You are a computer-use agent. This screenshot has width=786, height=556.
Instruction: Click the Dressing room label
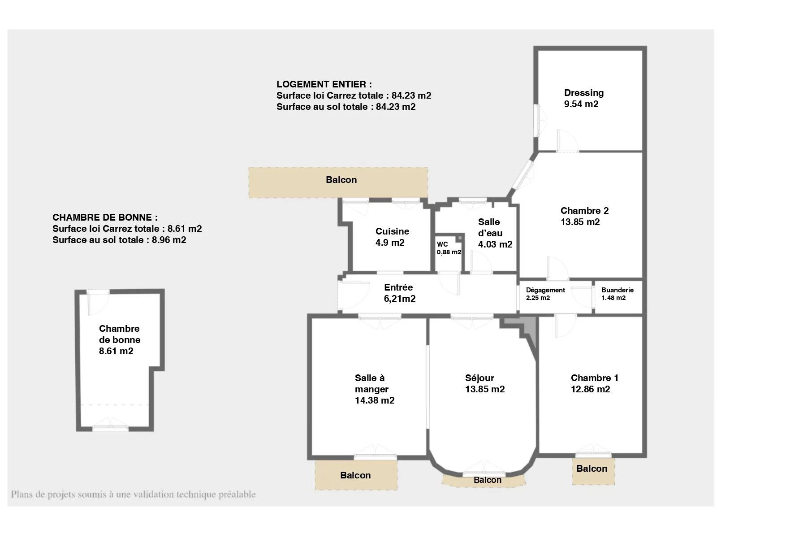coord(583,93)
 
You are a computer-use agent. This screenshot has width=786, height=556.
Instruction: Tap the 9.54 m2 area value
coord(581,104)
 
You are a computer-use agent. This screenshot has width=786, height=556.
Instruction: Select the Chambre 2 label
coord(584,211)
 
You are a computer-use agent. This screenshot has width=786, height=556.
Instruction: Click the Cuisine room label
coord(392,231)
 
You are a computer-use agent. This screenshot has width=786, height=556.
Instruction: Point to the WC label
coord(442,244)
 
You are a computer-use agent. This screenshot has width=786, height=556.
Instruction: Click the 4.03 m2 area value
coord(495,244)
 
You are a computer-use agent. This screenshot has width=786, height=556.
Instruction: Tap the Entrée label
coord(398,287)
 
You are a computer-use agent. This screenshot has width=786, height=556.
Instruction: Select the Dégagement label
coord(545,290)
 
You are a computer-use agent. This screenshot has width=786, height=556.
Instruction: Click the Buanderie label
coord(617,290)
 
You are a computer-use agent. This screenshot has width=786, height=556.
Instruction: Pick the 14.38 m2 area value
coord(375,400)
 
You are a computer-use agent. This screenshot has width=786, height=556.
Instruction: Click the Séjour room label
coord(479,378)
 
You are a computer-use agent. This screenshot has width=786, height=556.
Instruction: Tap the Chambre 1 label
coord(594,378)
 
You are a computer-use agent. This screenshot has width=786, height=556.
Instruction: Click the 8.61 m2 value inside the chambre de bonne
coord(116,351)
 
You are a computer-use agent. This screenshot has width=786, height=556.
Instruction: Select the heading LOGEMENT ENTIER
coord(324,84)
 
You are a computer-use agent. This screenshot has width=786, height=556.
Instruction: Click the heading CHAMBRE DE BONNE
coord(105,217)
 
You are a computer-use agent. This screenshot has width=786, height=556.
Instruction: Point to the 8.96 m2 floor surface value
coord(169,240)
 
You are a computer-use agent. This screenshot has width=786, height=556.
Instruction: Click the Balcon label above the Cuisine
coord(341,180)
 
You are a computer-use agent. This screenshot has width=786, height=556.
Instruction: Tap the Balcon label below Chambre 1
coord(592,469)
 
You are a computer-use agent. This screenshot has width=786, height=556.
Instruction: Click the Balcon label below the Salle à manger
coord(355,475)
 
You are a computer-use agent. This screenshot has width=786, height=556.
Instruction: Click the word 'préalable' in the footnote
coord(237,495)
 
